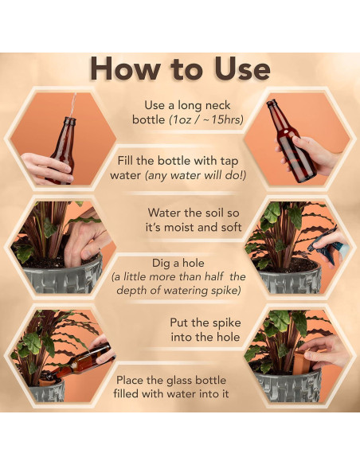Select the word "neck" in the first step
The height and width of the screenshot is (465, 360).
(217, 105)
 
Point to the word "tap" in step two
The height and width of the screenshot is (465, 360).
(229, 162)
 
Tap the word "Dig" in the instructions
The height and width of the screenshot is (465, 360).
(159, 264)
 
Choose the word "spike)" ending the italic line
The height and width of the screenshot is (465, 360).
(225, 291)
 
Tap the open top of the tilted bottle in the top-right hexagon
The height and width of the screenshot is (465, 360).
(271, 103)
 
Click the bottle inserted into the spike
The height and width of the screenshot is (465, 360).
(80, 361)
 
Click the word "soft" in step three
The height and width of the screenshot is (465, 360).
(232, 228)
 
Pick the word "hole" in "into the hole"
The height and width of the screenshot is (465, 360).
(228, 337)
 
